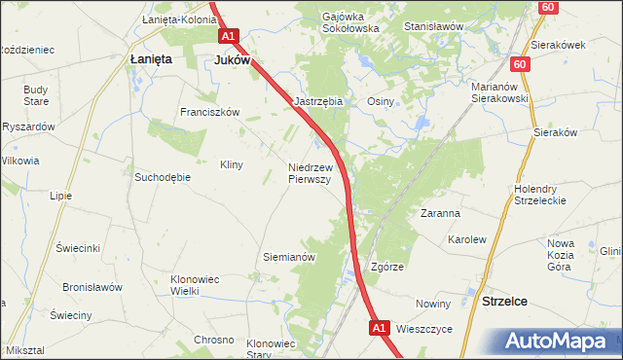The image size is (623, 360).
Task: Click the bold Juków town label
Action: click(233, 59)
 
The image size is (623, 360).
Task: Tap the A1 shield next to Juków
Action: click(228, 37)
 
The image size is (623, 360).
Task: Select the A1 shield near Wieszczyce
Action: click(381, 330)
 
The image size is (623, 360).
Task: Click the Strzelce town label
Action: click(504, 302)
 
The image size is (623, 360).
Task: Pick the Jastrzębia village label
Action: click(318, 101)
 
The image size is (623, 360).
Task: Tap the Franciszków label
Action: click(209, 112)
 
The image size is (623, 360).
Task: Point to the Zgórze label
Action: click(387, 266)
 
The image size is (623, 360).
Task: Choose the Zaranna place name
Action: click(440, 212)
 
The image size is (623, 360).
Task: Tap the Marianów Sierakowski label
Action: click(498, 91)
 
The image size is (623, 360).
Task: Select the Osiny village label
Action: click(380, 101)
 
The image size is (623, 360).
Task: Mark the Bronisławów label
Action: click(92, 287)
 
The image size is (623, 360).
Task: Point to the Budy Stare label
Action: click(36, 95)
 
